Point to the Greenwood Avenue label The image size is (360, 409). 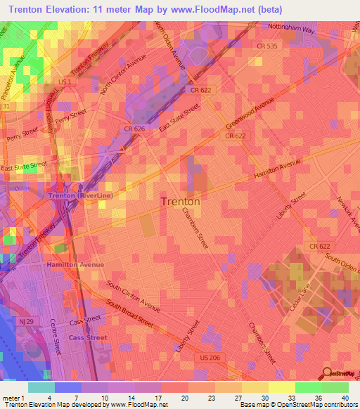(250, 112)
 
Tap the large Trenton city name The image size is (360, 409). (181, 201)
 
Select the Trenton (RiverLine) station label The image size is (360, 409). (79, 195)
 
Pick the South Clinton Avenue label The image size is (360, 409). (134, 295)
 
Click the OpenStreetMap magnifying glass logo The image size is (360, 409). (327, 373)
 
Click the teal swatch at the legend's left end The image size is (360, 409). (41, 387)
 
